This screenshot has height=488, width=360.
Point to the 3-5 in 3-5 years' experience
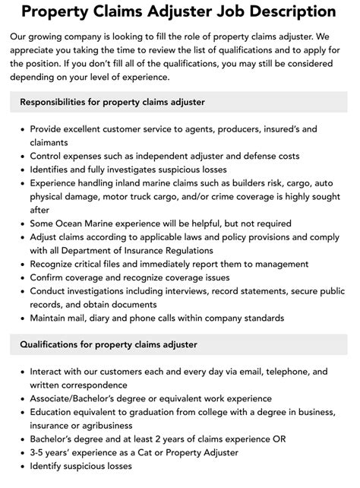point(39,452)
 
